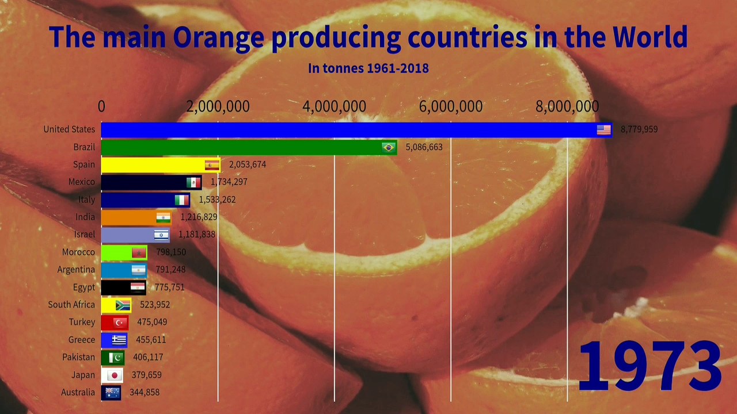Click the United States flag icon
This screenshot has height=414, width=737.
[x=604, y=130]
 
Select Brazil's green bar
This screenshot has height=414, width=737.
[x=249, y=148]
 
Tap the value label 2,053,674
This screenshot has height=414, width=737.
[x=248, y=164]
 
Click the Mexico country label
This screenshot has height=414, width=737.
[x=82, y=182]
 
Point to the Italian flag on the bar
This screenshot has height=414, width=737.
[x=181, y=200]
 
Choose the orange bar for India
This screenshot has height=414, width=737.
[x=136, y=217]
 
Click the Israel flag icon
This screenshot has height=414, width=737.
[x=161, y=235]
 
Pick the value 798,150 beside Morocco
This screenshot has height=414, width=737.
[x=171, y=252]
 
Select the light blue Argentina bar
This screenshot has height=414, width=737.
[x=124, y=270]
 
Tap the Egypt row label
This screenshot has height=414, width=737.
[x=84, y=287]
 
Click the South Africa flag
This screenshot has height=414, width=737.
[x=123, y=305]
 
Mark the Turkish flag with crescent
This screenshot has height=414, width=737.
[x=120, y=323]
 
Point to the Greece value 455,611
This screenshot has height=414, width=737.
[x=151, y=339]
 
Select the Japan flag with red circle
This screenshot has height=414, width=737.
[x=115, y=375]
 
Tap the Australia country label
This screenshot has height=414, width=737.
[x=78, y=392]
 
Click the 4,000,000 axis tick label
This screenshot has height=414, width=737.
[x=335, y=106]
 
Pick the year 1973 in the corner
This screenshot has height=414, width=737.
[x=650, y=366]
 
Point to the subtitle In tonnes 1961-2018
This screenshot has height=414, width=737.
[x=368, y=68]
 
